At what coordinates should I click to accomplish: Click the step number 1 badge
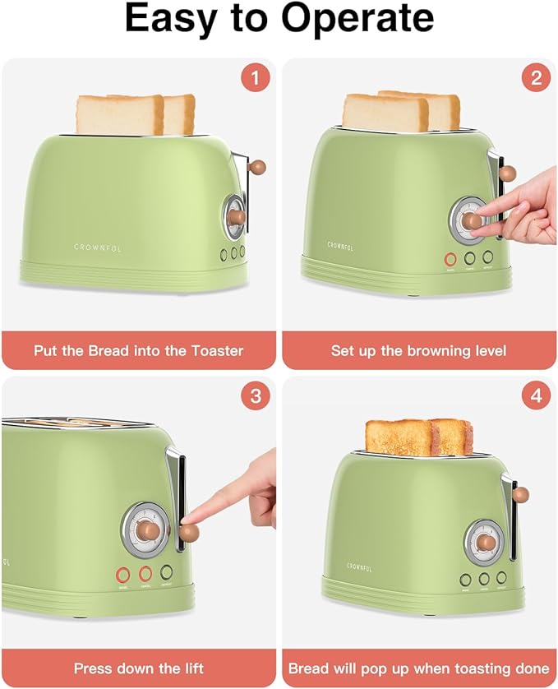pyautogui.click(x=256, y=79)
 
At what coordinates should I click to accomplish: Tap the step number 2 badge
pyautogui.click(x=536, y=79)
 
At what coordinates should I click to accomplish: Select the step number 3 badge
pyautogui.click(x=256, y=396)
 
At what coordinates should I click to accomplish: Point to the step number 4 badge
pyautogui.click(x=536, y=396)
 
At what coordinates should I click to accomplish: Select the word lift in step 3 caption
pyautogui.click(x=191, y=668)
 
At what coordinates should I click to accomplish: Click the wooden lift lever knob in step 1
pyautogui.click(x=258, y=167)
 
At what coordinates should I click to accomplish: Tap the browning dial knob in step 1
pyautogui.click(x=236, y=217)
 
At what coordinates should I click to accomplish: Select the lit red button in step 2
pyautogui.click(x=450, y=259)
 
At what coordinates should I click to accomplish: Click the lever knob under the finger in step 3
pyautogui.click(x=189, y=533)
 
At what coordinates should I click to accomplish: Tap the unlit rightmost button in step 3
pyautogui.click(x=168, y=572)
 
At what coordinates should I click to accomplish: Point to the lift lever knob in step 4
pyautogui.click(x=519, y=495)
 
